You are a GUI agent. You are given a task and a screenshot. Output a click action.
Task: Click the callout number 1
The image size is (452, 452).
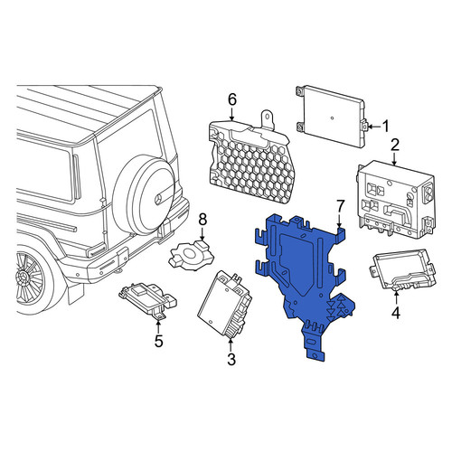coord(385,127)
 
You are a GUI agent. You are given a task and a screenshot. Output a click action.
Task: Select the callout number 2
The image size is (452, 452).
coord(395,146)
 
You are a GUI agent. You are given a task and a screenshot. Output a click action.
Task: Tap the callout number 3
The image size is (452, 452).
coord(231,359)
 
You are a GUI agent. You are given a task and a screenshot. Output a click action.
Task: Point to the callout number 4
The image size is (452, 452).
coord(396,312)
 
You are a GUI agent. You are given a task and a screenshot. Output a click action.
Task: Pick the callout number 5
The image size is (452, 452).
coord(159,341)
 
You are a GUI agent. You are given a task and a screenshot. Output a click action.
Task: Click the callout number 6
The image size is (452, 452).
coord(231,99)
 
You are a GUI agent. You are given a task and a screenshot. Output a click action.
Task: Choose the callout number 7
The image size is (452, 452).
coord(340,207)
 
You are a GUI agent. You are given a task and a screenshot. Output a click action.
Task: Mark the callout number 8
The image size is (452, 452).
coord(202,220)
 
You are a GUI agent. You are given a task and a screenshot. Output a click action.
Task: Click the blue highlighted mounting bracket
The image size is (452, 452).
coord(305,280)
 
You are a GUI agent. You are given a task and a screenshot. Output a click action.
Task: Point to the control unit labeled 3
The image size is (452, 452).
coord(224,305)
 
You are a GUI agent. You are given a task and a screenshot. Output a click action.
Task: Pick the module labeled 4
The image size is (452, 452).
coord(402,269)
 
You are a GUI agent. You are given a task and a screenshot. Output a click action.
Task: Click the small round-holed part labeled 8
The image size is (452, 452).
coord(192,255)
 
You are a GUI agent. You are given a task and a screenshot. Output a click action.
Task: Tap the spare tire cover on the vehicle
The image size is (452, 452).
coord(144,195)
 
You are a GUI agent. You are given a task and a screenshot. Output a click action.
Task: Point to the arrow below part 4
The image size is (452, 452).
coord(396,297)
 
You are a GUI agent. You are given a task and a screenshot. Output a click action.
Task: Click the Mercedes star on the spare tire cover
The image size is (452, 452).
coord(158,199)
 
